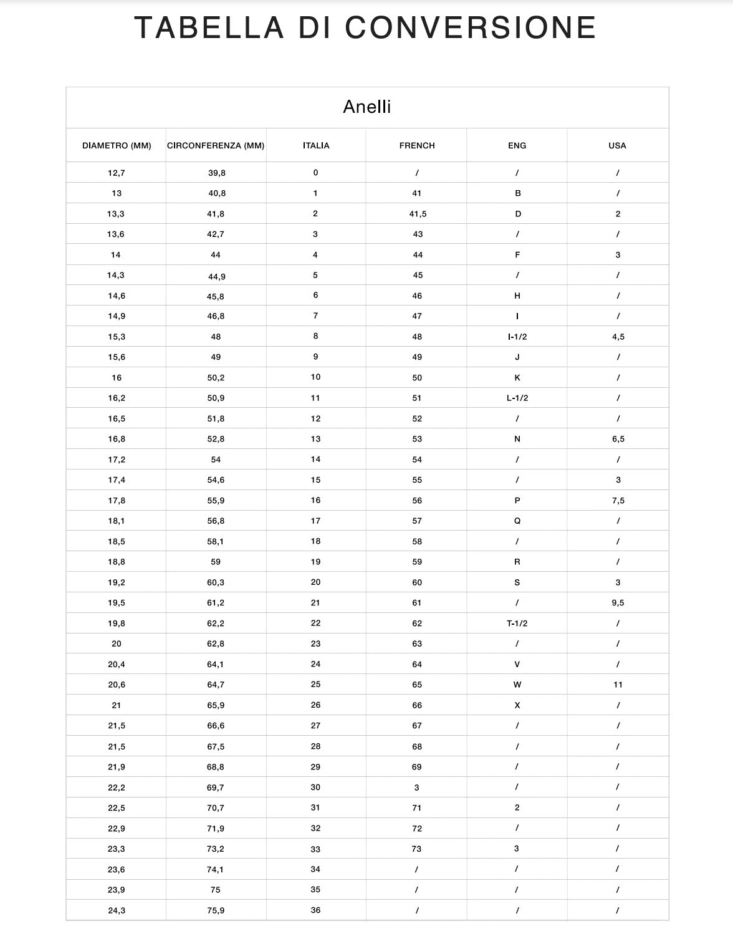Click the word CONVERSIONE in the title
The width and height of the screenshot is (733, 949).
point(471,28)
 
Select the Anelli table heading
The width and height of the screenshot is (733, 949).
point(367,107)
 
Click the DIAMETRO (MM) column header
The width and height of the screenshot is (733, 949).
point(117,146)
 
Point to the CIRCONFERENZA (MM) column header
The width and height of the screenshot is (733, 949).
point(216,146)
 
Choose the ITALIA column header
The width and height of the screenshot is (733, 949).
point(316,146)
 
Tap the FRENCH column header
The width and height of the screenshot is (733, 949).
point(417,146)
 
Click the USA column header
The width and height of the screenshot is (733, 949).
point(617,146)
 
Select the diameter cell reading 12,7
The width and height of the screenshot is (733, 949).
point(117,173)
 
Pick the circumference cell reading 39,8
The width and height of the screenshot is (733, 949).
point(217,173)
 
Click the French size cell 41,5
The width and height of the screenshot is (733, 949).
point(418,214)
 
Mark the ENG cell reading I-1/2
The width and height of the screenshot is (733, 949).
point(517,337)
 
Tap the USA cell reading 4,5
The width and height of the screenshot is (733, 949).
point(618,337)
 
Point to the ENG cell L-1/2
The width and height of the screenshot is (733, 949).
point(517,398)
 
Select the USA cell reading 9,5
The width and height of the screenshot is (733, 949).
point(618,603)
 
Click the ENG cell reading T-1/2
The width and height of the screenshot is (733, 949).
point(517,624)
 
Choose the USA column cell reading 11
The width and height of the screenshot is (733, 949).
point(618,685)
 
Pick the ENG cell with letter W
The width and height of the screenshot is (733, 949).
point(517,685)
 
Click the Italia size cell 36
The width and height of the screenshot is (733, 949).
point(315,910)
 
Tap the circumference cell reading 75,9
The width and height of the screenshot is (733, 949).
point(216,910)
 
